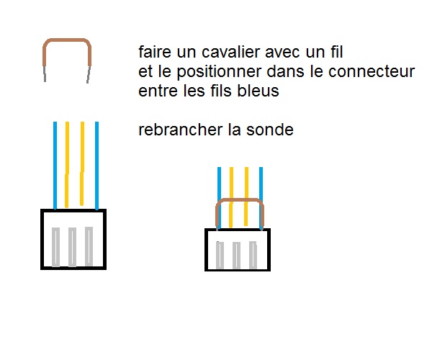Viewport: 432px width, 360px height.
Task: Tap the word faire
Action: coord(153,53)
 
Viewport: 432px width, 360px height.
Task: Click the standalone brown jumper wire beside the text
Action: coord(67,42)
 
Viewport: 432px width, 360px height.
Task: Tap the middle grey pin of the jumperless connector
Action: coord(73,246)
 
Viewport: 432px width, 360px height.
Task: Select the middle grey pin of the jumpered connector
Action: coord(236,254)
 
